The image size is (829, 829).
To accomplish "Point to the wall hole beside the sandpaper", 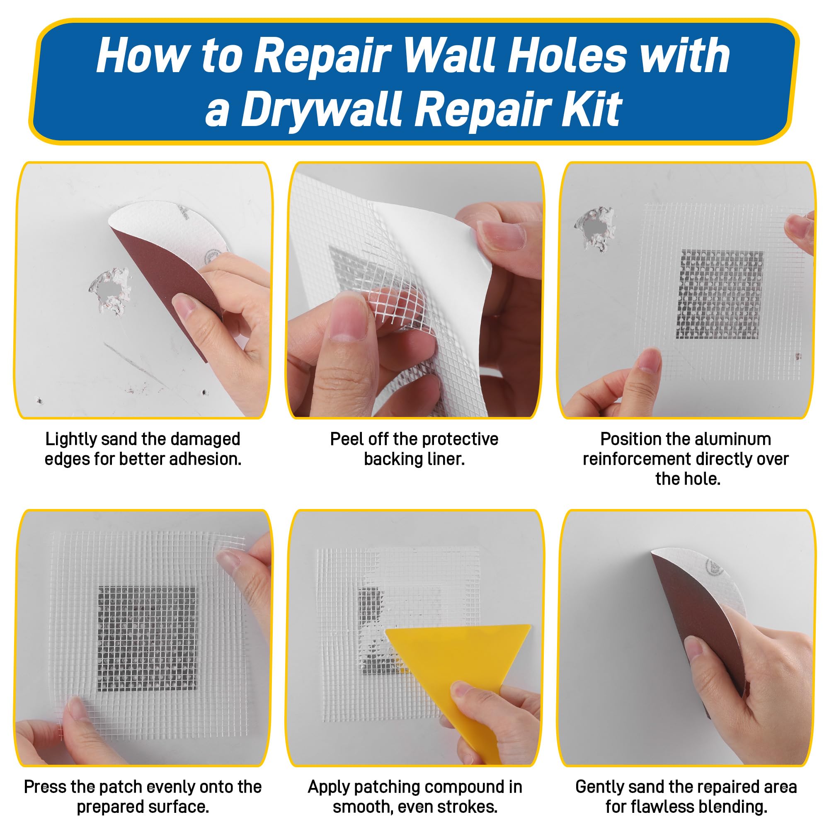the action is pyautogui.click(x=110, y=292).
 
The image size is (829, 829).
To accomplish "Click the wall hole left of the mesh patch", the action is pyautogui.click(x=595, y=229).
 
